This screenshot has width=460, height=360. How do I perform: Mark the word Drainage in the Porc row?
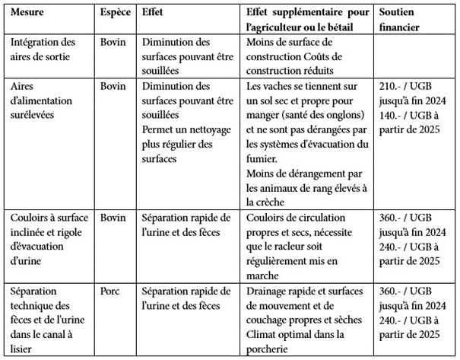coord(269,292)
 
